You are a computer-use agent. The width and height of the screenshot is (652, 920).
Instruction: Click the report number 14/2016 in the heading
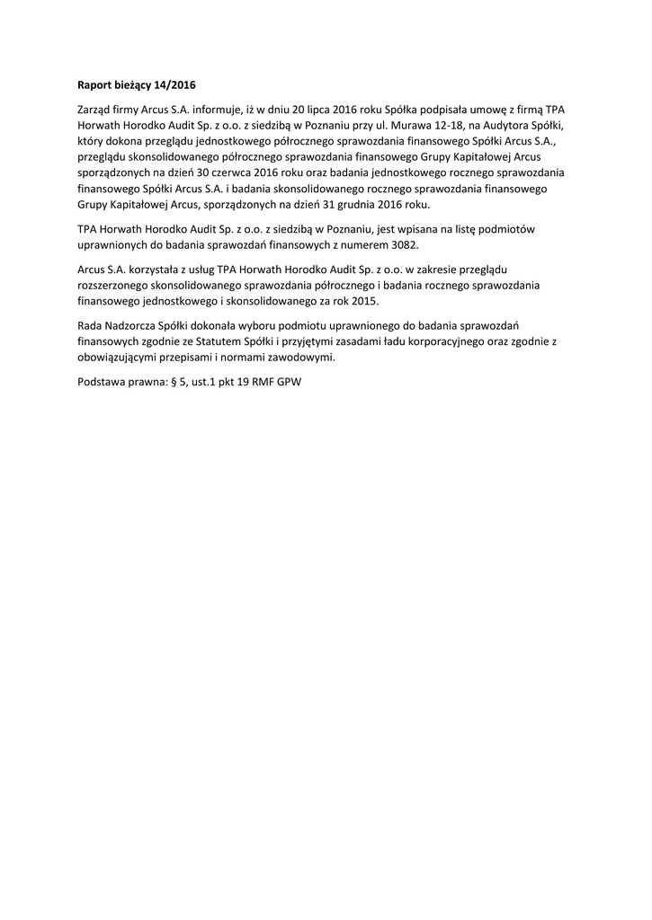(x=174, y=86)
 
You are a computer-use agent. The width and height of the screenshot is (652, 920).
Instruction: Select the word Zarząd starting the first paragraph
(x=97, y=109)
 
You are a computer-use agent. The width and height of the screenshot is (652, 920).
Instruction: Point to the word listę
(x=467, y=229)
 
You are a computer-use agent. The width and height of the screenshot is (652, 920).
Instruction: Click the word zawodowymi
(x=296, y=357)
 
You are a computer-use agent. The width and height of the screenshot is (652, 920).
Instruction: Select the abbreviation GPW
(x=290, y=381)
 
